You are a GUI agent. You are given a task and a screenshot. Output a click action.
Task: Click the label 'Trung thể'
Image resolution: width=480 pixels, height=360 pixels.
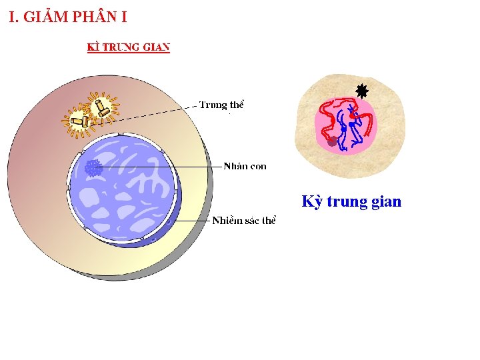click(222, 105)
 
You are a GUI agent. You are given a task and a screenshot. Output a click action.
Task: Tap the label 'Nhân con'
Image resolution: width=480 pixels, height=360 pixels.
click(244, 166)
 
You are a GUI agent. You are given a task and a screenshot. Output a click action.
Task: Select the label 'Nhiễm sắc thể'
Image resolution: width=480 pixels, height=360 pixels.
click(243, 221)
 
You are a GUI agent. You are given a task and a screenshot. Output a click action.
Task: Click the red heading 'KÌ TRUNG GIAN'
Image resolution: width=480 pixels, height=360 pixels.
click(129, 47)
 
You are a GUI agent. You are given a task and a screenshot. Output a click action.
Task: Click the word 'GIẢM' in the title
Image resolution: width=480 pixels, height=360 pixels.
click(45, 17)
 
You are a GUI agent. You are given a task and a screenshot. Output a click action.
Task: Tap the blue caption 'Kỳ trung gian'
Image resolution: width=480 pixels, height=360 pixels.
click(351, 201)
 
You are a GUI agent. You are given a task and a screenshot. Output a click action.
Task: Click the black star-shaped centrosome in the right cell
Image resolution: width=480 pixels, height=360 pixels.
click(362, 91)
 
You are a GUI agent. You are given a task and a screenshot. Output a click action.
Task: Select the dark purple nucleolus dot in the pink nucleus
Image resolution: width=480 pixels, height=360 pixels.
click(331, 141)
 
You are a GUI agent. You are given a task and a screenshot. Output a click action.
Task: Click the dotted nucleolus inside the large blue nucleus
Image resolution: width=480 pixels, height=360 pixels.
click(93, 168)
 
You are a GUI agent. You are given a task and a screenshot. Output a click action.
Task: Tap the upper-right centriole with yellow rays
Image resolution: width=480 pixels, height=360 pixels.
click(102, 107)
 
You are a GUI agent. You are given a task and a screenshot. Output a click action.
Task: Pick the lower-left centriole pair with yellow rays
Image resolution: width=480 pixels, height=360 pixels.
click(79, 121)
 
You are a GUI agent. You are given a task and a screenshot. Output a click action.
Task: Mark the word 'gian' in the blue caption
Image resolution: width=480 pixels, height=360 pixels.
click(387, 201)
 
